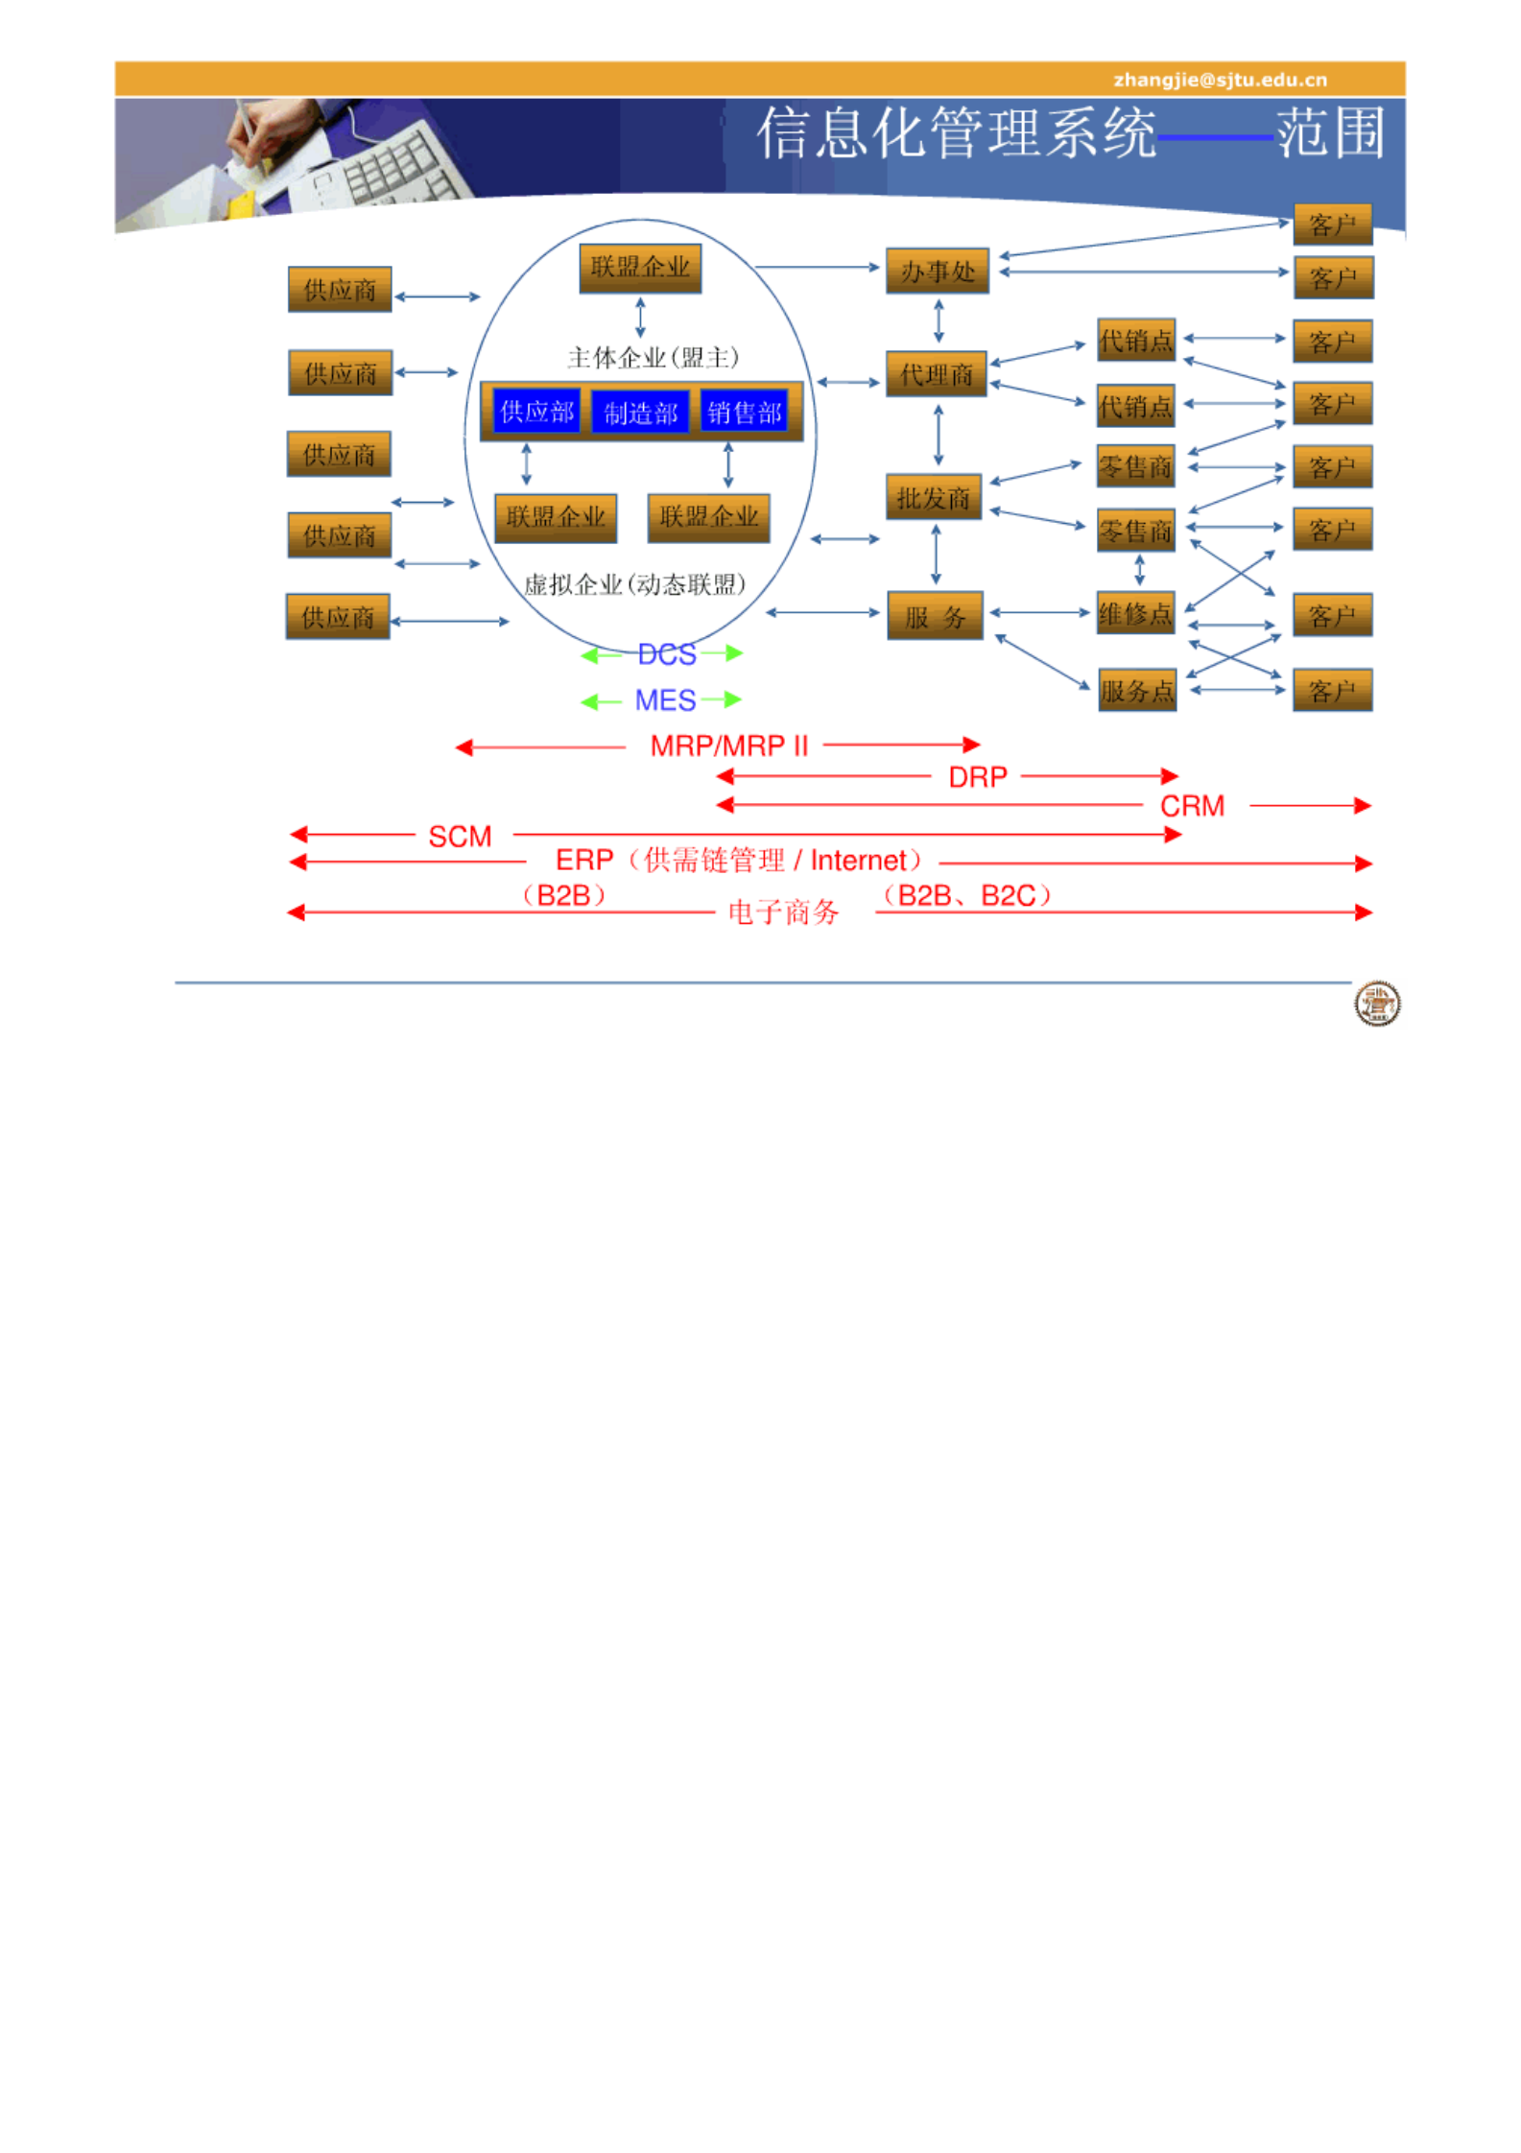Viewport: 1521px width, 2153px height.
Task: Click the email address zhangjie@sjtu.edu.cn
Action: coord(1219,80)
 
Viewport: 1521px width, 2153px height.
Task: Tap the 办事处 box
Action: coord(937,272)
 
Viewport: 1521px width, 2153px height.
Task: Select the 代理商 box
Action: coord(936,374)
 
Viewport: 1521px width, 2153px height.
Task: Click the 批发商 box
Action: coord(933,497)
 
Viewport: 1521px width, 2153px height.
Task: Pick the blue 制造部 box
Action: coord(640,413)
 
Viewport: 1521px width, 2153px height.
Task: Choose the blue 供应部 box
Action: coord(536,412)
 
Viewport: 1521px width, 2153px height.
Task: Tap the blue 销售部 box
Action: coord(744,412)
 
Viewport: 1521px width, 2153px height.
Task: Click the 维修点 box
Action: coord(1135,613)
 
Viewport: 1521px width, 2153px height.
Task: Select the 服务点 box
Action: coord(1136,690)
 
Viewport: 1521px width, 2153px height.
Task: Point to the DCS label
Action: coord(666,654)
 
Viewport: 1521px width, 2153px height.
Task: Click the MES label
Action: coord(665,700)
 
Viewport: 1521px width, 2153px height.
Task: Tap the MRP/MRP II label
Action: coord(728,745)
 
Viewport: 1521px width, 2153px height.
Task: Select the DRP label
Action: coord(977,776)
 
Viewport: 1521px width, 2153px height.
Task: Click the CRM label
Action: coord(1191,806)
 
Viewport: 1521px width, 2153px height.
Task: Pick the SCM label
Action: coord(460,837)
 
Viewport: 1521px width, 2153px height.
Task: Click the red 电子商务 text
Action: coord(783,911)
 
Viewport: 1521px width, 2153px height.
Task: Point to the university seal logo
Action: coord(1376,1004)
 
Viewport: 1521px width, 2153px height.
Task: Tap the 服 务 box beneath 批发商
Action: coord(934,616)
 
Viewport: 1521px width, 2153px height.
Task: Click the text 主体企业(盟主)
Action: coord(653,358)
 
